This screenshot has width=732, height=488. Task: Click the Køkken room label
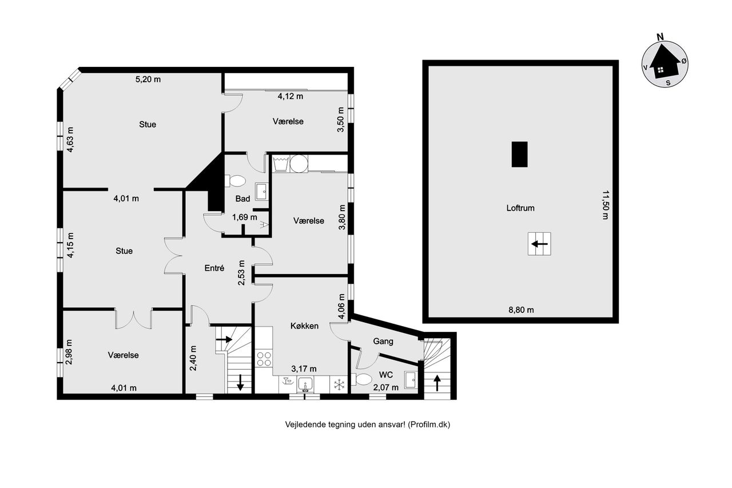pos(304,326)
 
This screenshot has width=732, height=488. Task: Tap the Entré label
pos(214,268)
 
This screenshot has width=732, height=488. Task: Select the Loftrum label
pos(520,208)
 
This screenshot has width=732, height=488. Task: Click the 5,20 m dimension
pos(148,80)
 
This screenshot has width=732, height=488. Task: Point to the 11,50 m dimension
pos(606,205)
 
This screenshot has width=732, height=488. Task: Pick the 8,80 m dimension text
pos(521,310)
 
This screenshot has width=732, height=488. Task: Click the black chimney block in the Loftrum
pos(520,154)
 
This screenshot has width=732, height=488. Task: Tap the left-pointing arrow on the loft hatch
pos(539,244)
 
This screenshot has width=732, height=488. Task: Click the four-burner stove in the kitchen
pos(264,359)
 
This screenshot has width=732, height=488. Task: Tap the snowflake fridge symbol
pos(339,384)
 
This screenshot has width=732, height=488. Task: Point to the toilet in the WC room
pos(362,379)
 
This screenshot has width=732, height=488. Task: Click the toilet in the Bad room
pos(235,181)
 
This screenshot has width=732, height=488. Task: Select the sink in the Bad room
pos(261,192)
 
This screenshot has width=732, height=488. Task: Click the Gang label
pos(383,341)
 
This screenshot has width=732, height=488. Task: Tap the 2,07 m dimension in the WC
pos(385,388)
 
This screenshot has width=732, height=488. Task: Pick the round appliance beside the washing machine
pos(299,163)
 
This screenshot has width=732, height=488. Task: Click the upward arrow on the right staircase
pos(437,383)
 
